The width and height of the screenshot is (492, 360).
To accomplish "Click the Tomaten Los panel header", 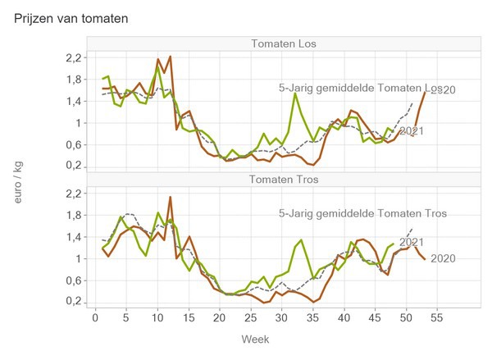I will [285, 43].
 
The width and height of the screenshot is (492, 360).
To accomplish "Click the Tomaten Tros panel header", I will [285, 179].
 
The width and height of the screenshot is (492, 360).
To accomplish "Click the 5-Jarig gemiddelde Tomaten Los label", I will [359, 88].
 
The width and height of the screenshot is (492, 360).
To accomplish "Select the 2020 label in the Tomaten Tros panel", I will [442, 258].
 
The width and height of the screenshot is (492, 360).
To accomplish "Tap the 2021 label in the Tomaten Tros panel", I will [411, 242].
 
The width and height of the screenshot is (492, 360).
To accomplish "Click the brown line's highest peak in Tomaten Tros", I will [170, 197].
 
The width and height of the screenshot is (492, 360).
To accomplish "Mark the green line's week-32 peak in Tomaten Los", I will [294, 93].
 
